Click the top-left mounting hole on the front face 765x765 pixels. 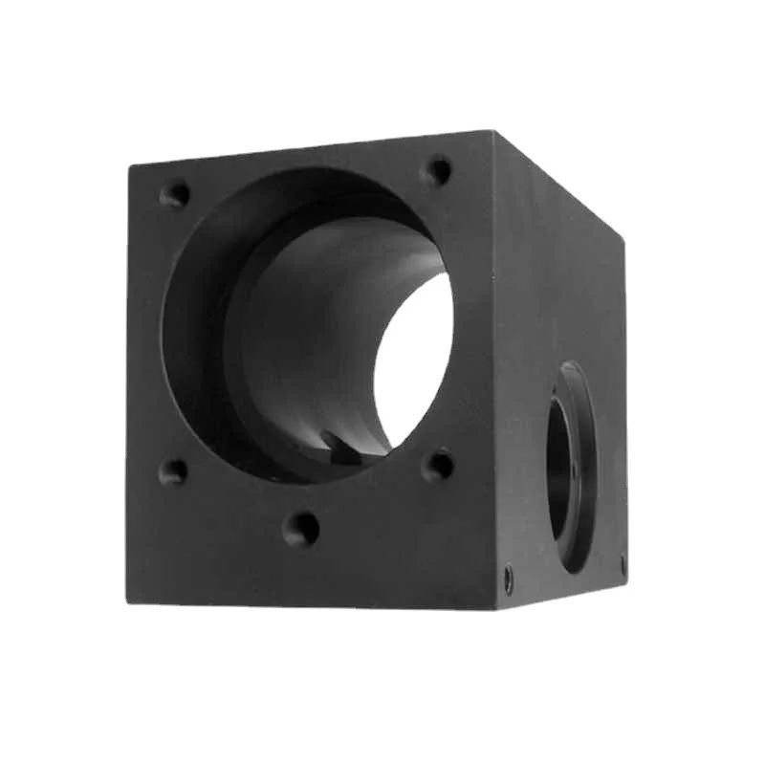(174, 195)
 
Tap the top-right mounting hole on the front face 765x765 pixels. (438, 171)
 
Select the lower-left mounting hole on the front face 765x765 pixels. (173, 471)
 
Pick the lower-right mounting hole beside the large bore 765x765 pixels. (438, 466)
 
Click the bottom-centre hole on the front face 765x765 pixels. (301, 528)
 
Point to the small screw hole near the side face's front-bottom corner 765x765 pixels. (508, 578)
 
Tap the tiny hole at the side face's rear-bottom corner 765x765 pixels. (623, 565)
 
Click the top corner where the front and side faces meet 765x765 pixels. (494, 131)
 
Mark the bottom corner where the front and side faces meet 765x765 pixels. (496, 609)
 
